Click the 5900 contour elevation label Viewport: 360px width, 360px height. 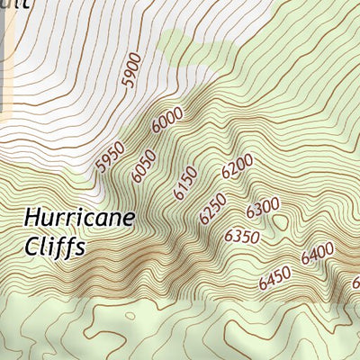pyautogui.click(x=132, y=69)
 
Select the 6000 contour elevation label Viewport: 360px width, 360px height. pyautogui.click(x=167, y=120)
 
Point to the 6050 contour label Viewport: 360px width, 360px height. pyautogui.click(x=143, y=166)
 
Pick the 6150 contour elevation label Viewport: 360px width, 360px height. pyautogui.click(x=185, y=184)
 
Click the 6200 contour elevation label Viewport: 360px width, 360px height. pyautogui.click(x=237, y=167)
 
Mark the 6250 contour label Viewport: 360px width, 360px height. pyautogui.click(x=213, y=209)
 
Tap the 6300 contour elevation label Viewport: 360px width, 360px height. pyautogui.click(x=263, y=207)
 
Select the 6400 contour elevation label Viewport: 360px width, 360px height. pyautogui.click(x=318, y=253)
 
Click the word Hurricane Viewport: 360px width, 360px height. pyautogui.click(x=79, y=218)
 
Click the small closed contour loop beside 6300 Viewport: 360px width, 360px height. pyautogui.click(x=282, y=221)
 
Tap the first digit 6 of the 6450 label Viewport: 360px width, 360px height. pyautogui.click(x=262, y=288)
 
